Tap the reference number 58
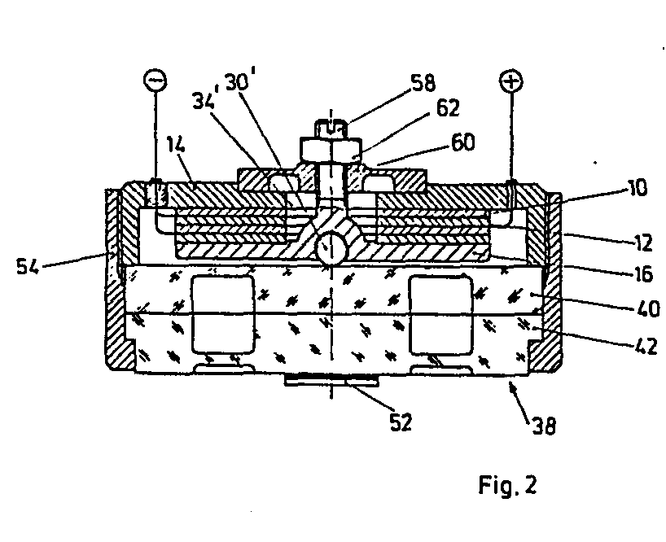pyautogui.click(x=423, y=82)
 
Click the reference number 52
pyautogui.click(x=401, y=422)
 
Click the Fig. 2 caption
pyautogui.click(x=506, y=486)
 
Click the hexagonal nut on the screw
pyautogui.click(x=331, y=149)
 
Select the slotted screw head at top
pyautogui.click(x=331, y=127)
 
